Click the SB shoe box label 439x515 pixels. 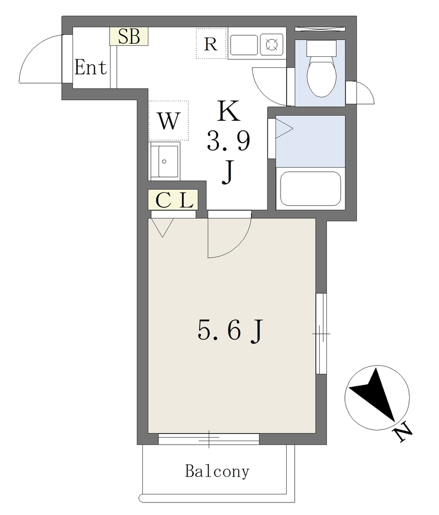pos(129,36)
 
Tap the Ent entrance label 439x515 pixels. pos(91,67)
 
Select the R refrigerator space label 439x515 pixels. pos(211,44)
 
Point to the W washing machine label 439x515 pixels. pos(169,121)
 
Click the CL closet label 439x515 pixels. pos(173,200)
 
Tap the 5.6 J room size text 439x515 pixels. pos(230,331)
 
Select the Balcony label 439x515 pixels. pos(217,472)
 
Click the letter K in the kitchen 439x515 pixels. pos(229,112)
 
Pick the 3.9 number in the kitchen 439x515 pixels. pos(228,141)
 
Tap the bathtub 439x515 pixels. pos(310,188)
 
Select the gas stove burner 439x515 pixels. pos(272,45)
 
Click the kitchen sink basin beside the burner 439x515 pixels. pos(243,45)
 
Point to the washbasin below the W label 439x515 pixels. pos(164,161)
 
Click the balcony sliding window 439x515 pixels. pos(209,439)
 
